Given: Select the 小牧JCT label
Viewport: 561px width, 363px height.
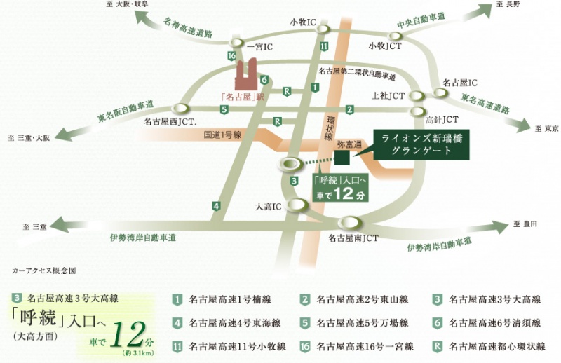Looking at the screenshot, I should pos(385,46).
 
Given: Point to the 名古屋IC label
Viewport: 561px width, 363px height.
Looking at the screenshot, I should pos(459,83).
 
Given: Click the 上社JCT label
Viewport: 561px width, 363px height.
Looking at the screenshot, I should pos(386,95).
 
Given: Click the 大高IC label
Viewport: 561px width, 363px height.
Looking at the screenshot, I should pos(266,207).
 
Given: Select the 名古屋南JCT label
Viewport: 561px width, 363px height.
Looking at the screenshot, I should pos(353,238).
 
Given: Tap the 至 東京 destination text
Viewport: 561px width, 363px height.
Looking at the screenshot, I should pos(546,129).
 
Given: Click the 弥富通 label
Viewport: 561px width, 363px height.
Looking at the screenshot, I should pos(349,144).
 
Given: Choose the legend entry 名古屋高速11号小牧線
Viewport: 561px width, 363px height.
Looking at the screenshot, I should pos(224,346).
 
